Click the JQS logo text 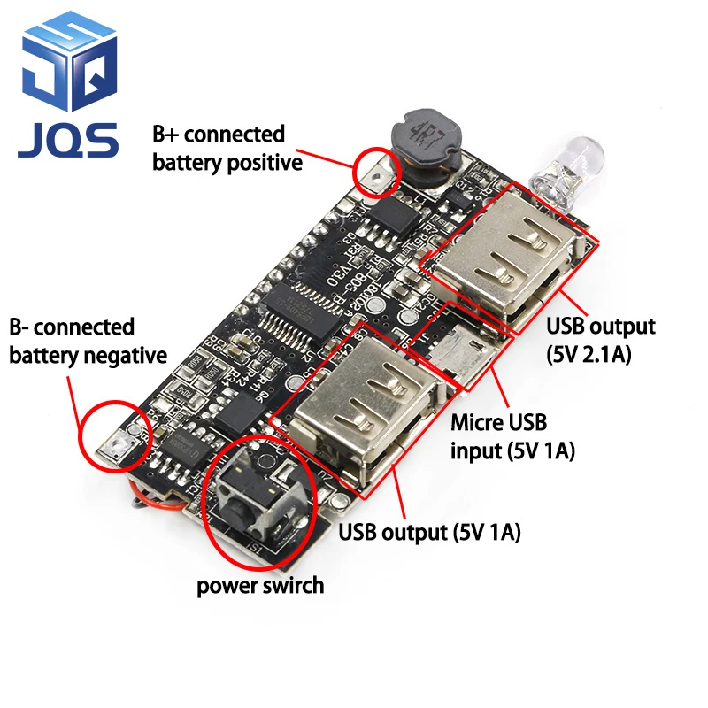(x=67, y=139)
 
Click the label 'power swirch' (x=259, y=585)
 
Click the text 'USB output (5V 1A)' (x=429, y=533)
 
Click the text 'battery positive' (x=227, y=162)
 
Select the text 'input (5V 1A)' (x=513, y=451)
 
